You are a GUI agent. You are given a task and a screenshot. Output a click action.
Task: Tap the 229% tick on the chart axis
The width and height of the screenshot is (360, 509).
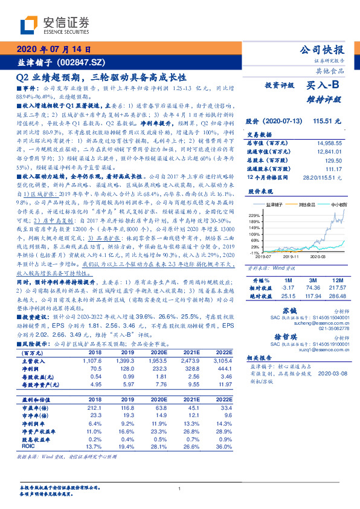[x=254, y=215]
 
